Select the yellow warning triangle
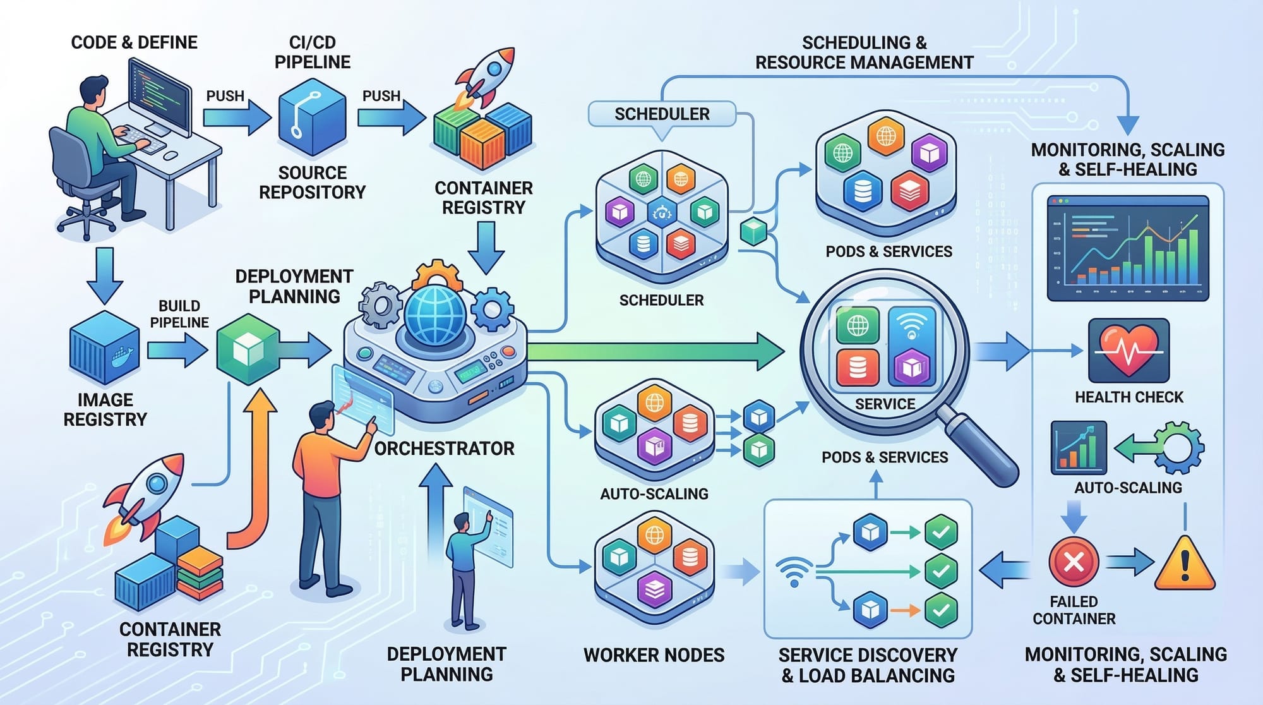1185,563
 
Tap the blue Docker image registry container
104,347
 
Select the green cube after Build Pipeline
248,349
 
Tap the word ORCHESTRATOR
444,449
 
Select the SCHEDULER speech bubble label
662,114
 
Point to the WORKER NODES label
654,655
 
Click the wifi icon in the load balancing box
793,572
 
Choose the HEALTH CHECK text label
1129,397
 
